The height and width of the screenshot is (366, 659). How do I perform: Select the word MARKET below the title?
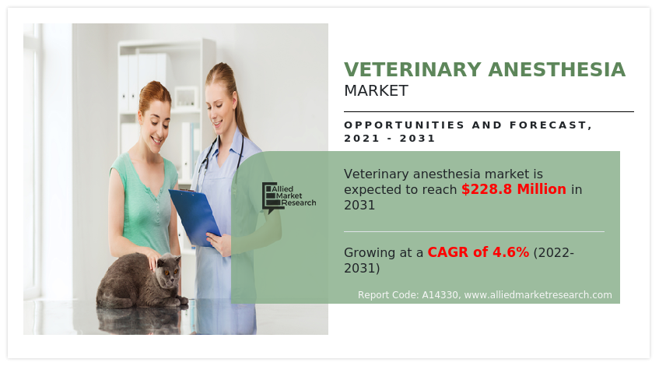pos(376,91)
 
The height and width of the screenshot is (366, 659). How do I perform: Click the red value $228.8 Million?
pos(514,189)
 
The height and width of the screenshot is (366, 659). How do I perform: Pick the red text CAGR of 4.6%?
pos(478,252)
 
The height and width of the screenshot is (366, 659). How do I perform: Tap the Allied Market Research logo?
pos(289,198)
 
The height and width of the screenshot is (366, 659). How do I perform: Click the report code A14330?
pos(441,295)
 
